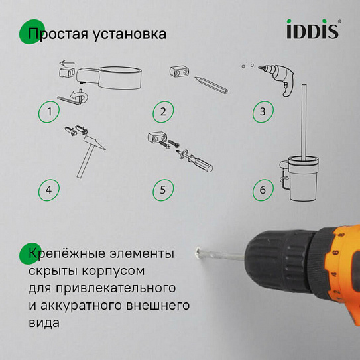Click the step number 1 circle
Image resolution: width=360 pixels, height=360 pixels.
[x=49, y=111]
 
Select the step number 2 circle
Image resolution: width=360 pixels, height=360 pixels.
[x=163, y=111]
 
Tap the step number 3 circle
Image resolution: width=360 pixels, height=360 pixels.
[x=263, y=111]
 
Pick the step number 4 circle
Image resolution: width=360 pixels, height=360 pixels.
[x=49, y=190]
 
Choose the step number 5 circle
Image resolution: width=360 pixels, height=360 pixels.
[x=163, y=190]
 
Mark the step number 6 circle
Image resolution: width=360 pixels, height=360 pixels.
[x=263, y=190]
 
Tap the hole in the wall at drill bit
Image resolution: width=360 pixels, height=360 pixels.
[x=197, y=253]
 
